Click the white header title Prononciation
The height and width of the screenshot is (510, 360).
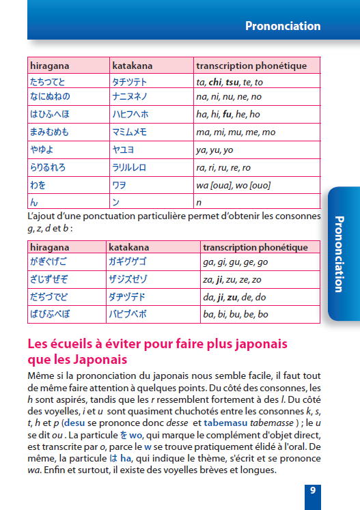283,26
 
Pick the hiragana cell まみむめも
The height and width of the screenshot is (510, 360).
49,131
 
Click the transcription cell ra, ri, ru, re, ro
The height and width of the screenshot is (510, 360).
223,167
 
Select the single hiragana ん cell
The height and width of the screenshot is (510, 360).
33,201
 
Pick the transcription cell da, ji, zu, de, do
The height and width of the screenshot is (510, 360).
234,297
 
